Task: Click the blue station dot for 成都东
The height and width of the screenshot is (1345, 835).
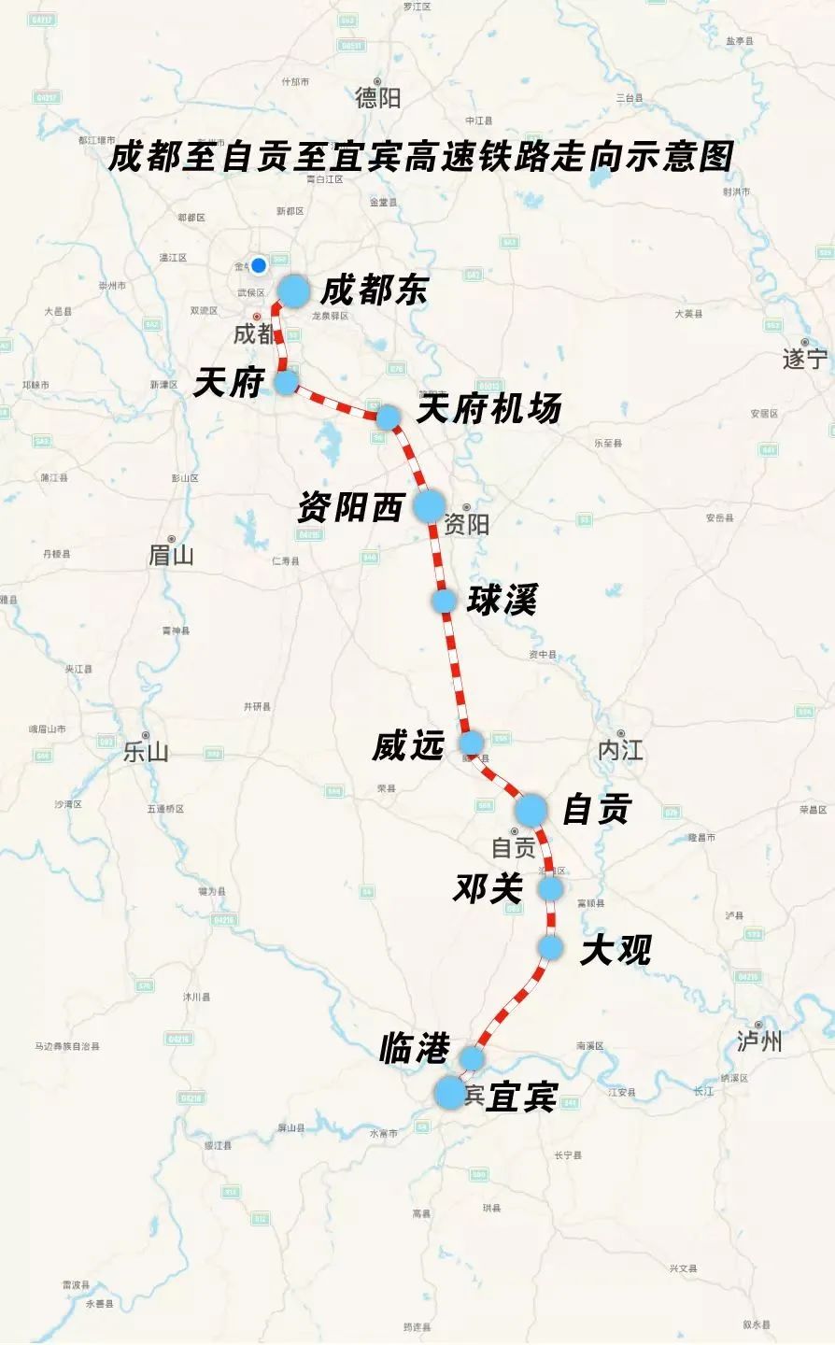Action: click(x=293, y=291)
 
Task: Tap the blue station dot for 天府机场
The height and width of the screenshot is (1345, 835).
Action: click(x=388, y=417)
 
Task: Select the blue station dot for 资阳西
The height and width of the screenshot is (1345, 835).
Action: click(x=430, y=505)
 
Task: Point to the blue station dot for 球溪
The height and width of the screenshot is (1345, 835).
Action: click(x=445, y=601)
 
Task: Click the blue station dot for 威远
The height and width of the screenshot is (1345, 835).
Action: click(x=472, y=743)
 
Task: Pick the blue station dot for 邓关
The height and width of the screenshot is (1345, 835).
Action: click(x=551, y=888)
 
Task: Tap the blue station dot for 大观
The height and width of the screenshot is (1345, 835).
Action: click(x=551, y=948)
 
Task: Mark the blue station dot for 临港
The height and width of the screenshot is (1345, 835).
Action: click(x=473, y=1057)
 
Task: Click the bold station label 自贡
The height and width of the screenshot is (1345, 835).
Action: click(x=597, y=809)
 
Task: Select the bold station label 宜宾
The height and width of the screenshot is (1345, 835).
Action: click(x=522, y=1097)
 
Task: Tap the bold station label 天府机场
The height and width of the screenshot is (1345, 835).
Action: click(x=488, y=409)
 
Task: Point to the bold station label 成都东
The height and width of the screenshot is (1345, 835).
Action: click(x=374, y=290)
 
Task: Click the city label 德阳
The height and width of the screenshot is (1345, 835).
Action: click(x=377, y=96)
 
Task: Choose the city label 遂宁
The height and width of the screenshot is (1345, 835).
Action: click(x=804, y=358)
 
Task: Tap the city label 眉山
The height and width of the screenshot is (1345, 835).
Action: click(x=171, y=555)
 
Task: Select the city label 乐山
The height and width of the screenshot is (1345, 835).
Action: click(x=146, y=752)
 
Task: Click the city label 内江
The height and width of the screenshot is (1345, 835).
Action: click(x=620, y=749)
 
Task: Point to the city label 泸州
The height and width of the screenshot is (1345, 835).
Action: click(x=758, y=1041)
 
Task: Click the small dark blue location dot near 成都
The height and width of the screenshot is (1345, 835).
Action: click(x=259, y=265)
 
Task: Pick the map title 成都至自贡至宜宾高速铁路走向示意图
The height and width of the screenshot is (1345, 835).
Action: click(x=420, y=156)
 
